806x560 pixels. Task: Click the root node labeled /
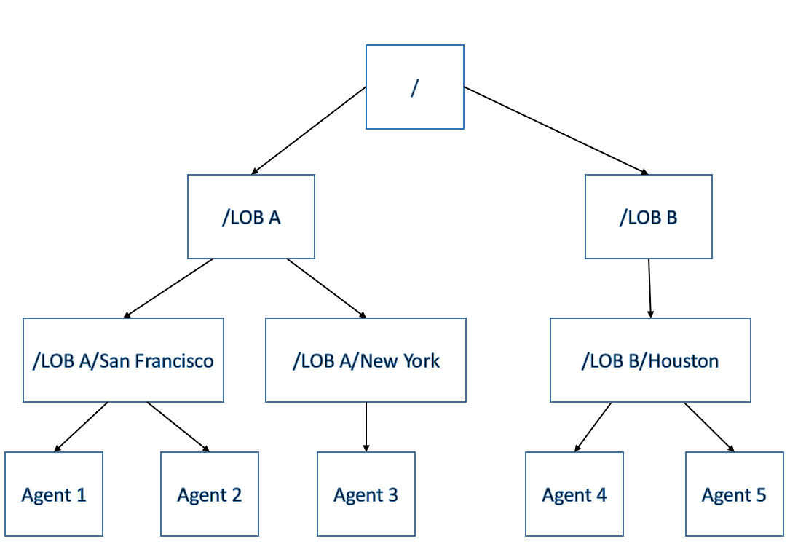(x=414, y=87)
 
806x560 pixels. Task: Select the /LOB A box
(x=251, y=217)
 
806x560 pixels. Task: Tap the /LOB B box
(x=648, y=217)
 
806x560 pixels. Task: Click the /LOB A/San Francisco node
(x=123, y=360)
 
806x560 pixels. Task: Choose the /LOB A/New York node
(x=366, y=360)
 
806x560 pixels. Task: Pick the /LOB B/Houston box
(x=650, y=360)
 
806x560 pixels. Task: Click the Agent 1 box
(x=54, y=494)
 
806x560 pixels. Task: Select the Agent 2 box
(x=210, y=494)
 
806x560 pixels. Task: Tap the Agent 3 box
(x=366, y=494)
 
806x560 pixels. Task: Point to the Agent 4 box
(x=574, y=494)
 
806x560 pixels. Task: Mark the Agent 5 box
(x=734, y=494)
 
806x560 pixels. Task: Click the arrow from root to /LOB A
(x=309, y=130)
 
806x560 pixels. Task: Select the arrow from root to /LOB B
(x=556, y=130)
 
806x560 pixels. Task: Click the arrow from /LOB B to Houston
(x=649, y=288)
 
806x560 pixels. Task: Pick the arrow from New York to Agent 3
(x=366, y=427)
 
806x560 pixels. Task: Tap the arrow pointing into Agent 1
(x=82, y=427)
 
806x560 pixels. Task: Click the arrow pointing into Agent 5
(x=709, y=427)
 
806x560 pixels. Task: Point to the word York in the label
(x=421, y=360)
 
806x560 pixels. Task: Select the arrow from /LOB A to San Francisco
(x=169, y=288)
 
